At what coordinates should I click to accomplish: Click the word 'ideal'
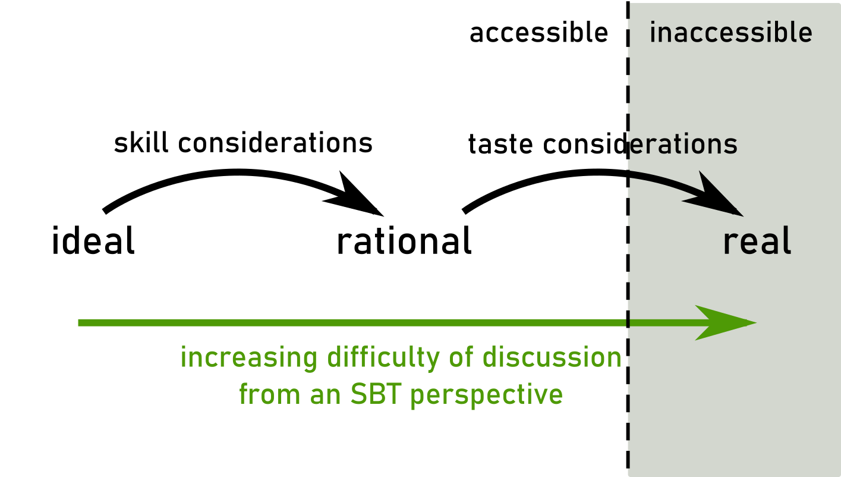pyautogui.click(x=93, y=240)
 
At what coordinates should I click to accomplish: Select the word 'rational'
pyautogui.click(x=404, y=240)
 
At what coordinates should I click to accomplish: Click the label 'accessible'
pyautogui.click(x=538, y=32)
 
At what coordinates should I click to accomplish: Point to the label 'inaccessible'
pyautogui.click(x=731, y=32)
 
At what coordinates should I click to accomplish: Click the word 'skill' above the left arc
pyautogui.click(x=141, y=143)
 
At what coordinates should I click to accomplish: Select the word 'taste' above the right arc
pyautogui.click(x=500, y=144)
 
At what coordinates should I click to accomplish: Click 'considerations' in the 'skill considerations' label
pyautogui.click(x=275, y=143)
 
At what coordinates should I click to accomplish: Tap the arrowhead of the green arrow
pyautogui.click(x=725, y=323)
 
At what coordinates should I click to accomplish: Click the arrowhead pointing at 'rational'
pyautogui.click(x=357, y=195)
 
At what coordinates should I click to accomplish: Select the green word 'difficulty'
pyautogui.click(x=383, y=357)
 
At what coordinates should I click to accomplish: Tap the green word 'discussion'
pyautogui.click(x=552, y=357)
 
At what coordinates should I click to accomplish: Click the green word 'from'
pyautogui.click(x=270, y=394)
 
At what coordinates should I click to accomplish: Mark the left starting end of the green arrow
pyautogui.click(x=78, y=323)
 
